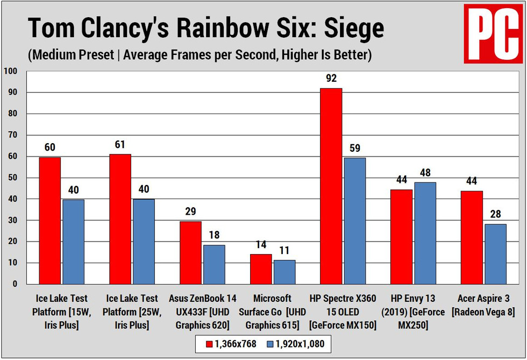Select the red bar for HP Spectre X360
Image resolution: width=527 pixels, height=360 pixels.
tap(331, 186)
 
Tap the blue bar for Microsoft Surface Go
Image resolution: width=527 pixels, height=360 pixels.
tap(284, 272)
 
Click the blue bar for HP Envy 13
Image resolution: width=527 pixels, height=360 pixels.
tap(425, 233)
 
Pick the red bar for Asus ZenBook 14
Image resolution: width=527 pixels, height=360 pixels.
tap(191, 252)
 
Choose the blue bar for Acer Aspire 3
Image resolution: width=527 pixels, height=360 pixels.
tap(495, 254)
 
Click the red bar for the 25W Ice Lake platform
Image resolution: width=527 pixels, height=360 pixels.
tap(120, 219)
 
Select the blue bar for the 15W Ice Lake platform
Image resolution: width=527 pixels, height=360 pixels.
tap(73, 242)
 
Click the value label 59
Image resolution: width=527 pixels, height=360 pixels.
tap(354, 149)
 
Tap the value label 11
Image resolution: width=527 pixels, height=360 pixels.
tap(284, 251)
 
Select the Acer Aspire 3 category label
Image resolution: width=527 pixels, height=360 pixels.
tap(483, 305)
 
